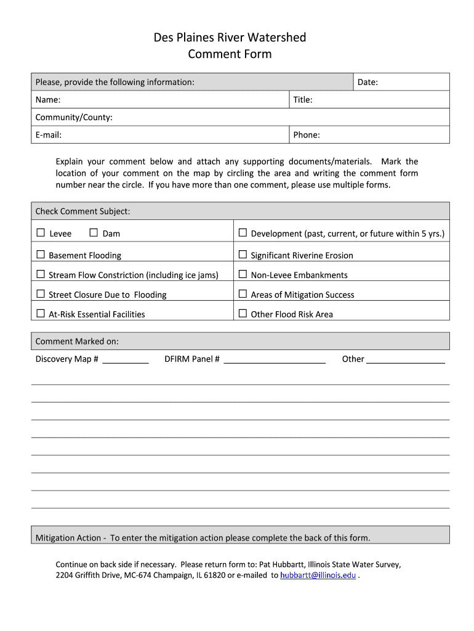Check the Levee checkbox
tap(41, 233)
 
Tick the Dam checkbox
tap(94, 233)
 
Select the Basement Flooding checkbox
tap(41, 254)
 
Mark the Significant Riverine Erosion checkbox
tap(243, 254)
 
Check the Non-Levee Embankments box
tap(243, 274)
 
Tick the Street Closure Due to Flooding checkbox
tap(41, 294)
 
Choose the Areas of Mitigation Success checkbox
tap(243, 294)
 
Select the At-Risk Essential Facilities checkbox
tap(41, 314)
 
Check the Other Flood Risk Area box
tap(243, 314)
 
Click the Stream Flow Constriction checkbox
tap(41, 274)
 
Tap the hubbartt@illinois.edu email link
tap(318, 575)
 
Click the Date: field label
tap(368, 82)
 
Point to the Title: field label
tap(303, 100)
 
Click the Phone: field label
tap(307, 135)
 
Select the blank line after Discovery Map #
tap(126, 360)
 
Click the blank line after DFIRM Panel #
tap(275, 360)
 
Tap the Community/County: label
tap(74, 117)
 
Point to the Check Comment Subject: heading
tap(82, 211)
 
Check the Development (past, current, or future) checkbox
tap(243, 233)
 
